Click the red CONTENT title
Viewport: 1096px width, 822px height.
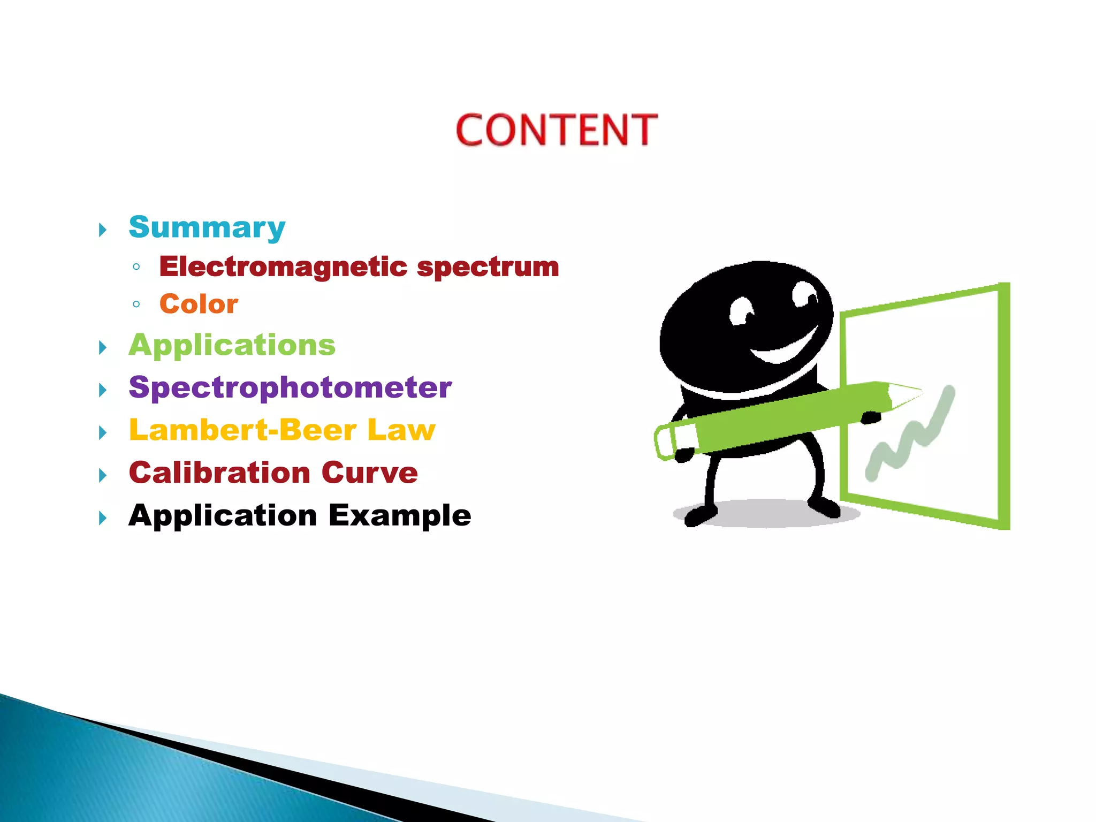click(556, 130)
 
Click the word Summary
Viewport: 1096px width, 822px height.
click(207, 227)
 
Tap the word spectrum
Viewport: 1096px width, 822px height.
click(488, 267)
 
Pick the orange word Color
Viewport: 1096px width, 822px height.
click(199, 304)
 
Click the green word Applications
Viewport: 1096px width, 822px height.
click(232, 345)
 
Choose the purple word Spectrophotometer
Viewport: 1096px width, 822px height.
click(290, 387)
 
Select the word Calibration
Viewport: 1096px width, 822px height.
click(219, 473)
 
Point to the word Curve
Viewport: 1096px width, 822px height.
click(369, 473)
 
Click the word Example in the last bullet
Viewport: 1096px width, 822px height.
click(400, 516)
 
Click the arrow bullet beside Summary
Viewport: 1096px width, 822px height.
click(103, 231)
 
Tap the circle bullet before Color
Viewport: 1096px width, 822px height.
click(136, 305)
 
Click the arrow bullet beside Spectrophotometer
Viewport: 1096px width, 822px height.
click(103, 390)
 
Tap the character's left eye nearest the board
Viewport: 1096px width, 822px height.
click(804, 294)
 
